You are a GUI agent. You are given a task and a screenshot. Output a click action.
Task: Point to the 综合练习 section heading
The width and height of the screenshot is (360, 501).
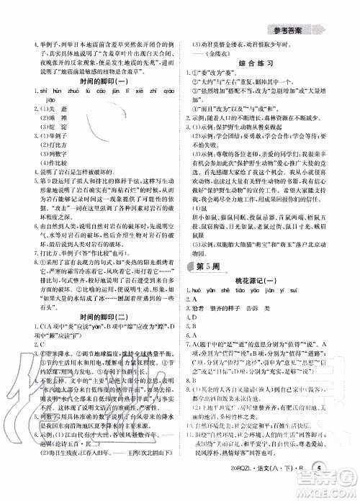click(270, 63)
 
